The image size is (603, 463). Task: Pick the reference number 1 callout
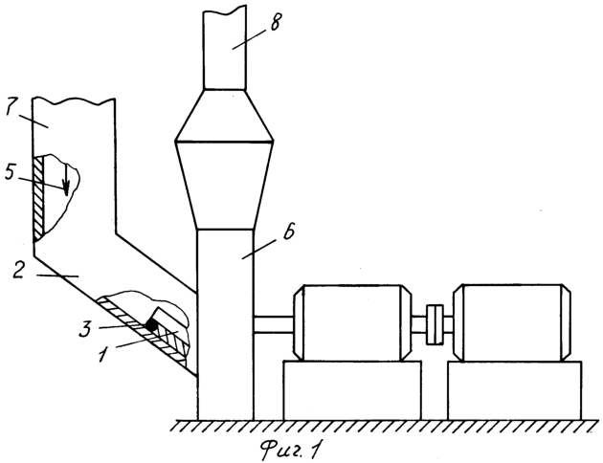[x=102, y=355]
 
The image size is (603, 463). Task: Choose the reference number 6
[x=288, y=232]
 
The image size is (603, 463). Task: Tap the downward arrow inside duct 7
[x=66, y=180]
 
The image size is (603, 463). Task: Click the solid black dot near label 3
[x=151, y=326]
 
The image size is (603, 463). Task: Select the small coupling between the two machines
[x=435, y=324]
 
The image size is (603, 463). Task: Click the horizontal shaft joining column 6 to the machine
[x=274, y=324]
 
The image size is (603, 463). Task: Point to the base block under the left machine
[x=352, y=390]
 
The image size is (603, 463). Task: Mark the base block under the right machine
[x=515, y=390]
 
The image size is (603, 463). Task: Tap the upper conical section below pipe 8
[x=224, y=116]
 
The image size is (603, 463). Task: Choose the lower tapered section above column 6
[x=225, y=186]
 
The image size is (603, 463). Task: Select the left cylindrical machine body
[x=352, y=322]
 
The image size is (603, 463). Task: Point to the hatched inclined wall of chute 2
[x=142, y=330]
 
